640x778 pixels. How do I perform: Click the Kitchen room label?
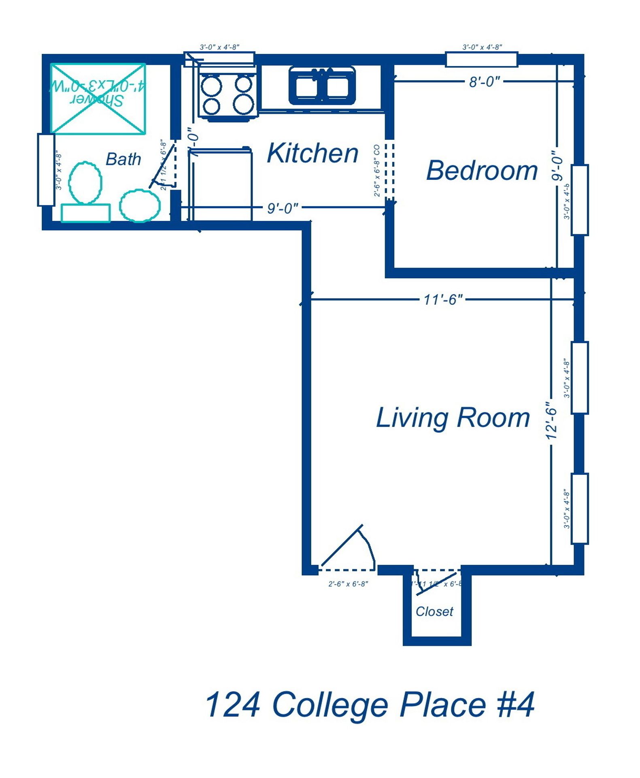pyautogui.click(x=312, y=153)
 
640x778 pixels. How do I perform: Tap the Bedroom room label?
pyautogui.click(x=481, y=170)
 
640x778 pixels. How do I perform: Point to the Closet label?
pyautogui.click(x=434, y=611)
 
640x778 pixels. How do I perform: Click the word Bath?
pyautogui.click(x=123, y=159)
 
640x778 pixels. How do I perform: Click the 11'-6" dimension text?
pyautogui.click(x=442, y=299)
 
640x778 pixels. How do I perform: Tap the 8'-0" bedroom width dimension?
pyautogui.click(x=484, y=82)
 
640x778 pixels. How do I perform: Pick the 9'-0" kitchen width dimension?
pyautogui.click(x=282, y=208)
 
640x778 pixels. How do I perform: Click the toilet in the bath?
pyautogui.click(x=85, y=182)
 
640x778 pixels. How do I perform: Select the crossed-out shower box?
pyautogui.click(x=98, y=98)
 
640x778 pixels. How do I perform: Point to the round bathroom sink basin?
pyautogui.click(x=140, y=205)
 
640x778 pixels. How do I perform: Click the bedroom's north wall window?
pyautogui.click(x=481, y=59)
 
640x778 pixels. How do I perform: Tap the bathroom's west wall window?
pyautogui.click(x=46, y=169)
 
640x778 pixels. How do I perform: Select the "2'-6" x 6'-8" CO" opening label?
pyautogui.click(x=376, y=170)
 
